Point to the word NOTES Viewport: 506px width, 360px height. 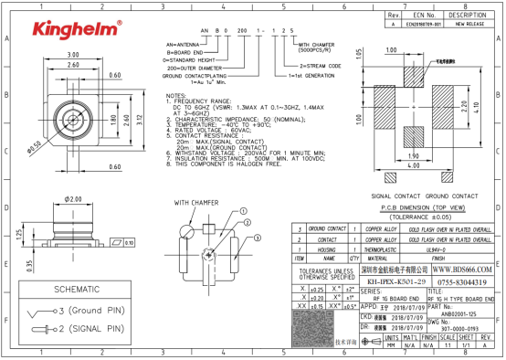coord(175,95)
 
